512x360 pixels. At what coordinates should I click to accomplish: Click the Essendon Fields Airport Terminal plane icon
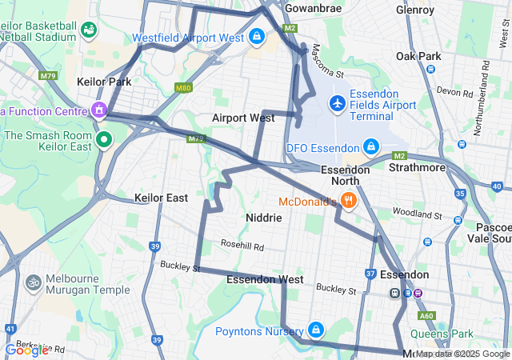coord(338,104)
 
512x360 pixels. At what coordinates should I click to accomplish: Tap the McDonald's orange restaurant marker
coord(349,202)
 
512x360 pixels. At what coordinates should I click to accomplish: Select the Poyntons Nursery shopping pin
coord(317,330)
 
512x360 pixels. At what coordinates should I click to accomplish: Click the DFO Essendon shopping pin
coord(371,147)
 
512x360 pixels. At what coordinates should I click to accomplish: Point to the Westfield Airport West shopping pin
coord(257,37)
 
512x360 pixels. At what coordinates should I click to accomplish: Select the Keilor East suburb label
coord(161,198)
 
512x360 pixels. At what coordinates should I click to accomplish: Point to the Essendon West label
coord(265,280)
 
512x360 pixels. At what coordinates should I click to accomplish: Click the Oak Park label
coord(418,57)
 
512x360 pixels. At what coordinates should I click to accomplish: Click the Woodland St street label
coord(417,214)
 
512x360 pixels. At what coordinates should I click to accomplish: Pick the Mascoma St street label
coord(327,62)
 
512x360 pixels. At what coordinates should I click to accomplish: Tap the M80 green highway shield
coord(184,88)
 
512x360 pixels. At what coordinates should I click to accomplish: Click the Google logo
coord(26,350)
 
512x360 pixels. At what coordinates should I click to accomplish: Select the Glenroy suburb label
coord(414,10)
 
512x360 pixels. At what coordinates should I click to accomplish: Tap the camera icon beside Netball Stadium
coord(88,30)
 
